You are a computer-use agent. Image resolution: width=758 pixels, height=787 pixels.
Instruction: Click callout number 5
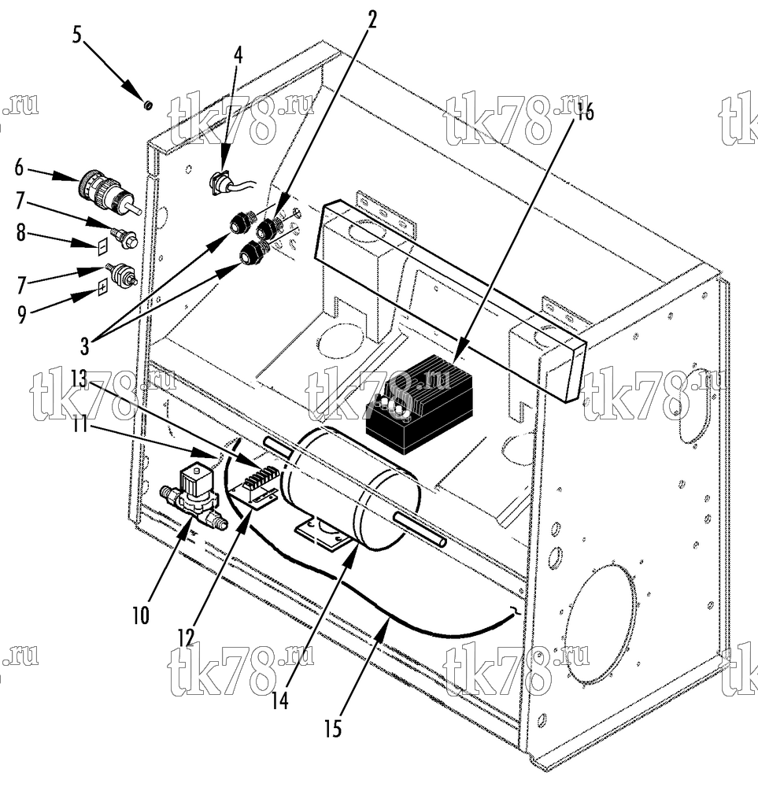pyautogui.click(x=76, y=35)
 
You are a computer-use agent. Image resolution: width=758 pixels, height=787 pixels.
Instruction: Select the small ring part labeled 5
pyautogui.click(x=148, y=105)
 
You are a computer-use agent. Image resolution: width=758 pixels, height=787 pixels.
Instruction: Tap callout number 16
pyautogui.click(x=585, y=112)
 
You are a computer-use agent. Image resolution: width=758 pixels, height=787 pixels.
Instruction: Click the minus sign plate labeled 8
pyautogui.click(x=102, y=246)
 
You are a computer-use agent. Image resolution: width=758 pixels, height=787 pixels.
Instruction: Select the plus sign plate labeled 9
pyautogui.click(x=102, y=288)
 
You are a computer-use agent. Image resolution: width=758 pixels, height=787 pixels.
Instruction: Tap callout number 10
pyautogui.click(x=141, y=615)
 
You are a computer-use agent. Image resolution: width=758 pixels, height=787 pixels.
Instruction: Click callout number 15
pyautogui.click(x=332, y=729)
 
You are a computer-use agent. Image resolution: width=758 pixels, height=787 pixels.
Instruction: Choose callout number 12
pyautogui.click(x=185, y=637)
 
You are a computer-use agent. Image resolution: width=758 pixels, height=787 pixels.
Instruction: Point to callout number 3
pyautogui.click(x=84, y=345)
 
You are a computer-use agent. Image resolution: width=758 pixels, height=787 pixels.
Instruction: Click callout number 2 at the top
pyautogui.click(x=372, y=20)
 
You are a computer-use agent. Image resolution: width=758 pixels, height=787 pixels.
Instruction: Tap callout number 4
pyautogui.click(x=238, y=55)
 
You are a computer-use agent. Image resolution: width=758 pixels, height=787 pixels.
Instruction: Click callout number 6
pyautogui.click(x=19, y=168)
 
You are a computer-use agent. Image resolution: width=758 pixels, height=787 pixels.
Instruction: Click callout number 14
pyautogui.click(x=280, y=700)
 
